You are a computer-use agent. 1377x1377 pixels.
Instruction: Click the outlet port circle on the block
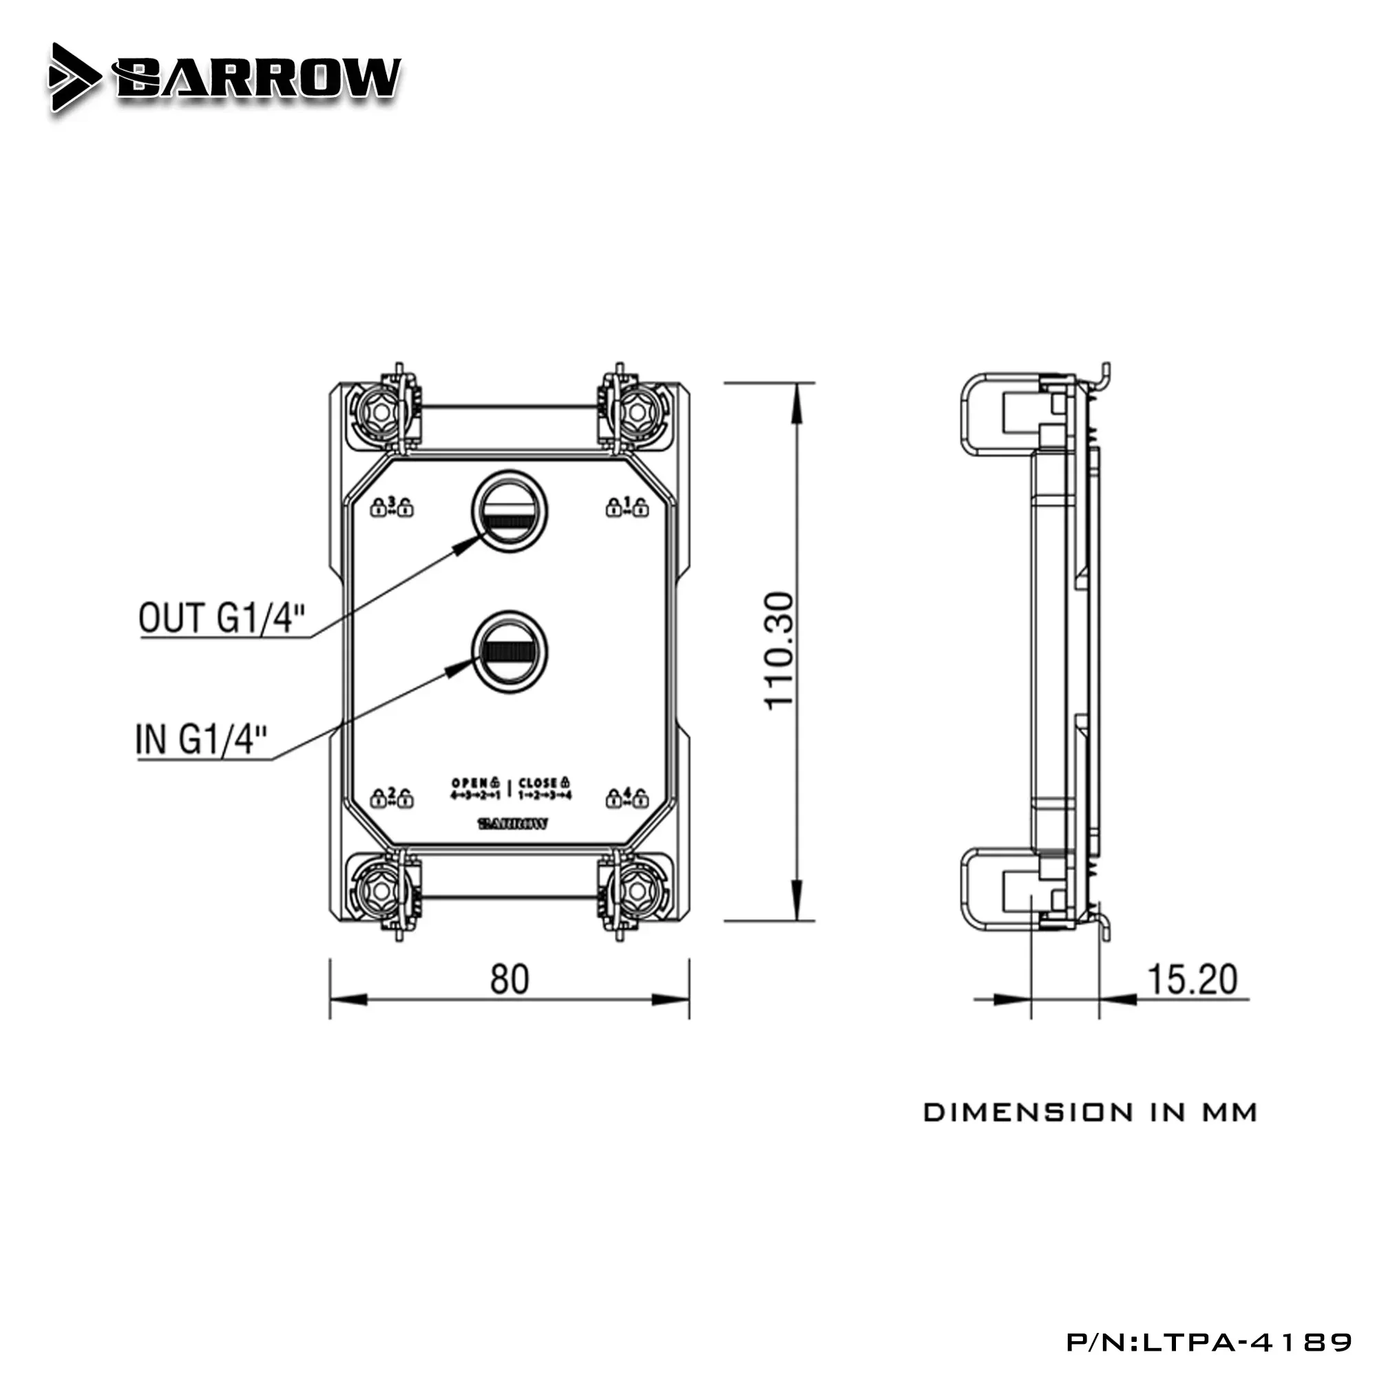pos(510,511)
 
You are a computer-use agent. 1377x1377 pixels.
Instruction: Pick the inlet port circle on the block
pos(510,651)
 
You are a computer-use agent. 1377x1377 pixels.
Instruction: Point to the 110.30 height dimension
pos(778,650)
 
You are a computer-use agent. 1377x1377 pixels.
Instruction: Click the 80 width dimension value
pos(509,979)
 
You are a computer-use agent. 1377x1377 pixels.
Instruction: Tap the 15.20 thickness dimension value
pos(1192,979)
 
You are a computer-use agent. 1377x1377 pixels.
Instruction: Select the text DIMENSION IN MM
pos(1090,1113)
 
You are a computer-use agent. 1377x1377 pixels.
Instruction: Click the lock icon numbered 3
pos(391,507)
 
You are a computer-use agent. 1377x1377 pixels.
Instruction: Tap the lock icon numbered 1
pos(627,507)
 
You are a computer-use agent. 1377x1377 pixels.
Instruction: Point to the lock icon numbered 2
pos(391,797)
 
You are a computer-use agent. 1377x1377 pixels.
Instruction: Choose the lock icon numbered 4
pos(627,797)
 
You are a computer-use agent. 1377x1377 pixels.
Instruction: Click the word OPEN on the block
pos(470,783)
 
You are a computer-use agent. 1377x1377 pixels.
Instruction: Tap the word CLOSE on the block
pos(538,783)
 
